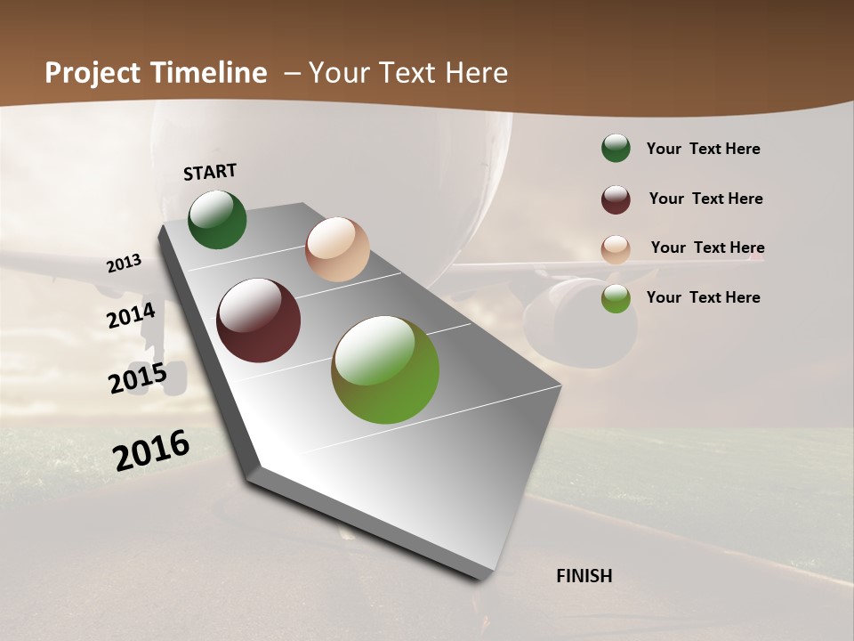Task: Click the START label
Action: [210, 171]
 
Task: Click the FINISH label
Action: [584, 576]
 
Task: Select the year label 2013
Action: [125, 263]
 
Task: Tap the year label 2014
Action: [131, 315]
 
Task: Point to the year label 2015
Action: [137, 378]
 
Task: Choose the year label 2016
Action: [151, 450]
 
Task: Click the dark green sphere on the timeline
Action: [217, 219]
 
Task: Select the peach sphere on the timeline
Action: [337, 249]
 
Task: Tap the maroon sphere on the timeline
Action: [258, 320]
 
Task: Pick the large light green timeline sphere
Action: [385, 369]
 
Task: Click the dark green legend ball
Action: [616, 149]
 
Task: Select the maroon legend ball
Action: [616, 199]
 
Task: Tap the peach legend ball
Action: [616, 249]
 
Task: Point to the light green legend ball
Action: [616, 298]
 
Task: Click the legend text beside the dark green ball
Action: [703, 149]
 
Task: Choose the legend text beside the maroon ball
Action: [705, 199]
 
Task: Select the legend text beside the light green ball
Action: [703, 297]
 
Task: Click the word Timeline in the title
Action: [209, 73]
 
